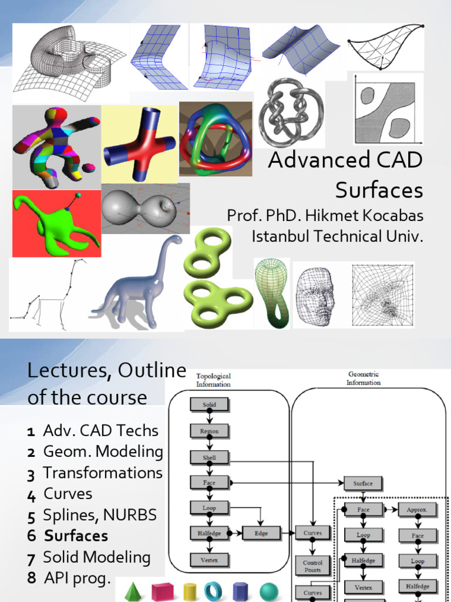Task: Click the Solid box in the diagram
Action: pos(209,405)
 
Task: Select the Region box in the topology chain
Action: pos(209,431)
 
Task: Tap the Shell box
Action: pos(209,457)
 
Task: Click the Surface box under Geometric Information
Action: pos(362,484)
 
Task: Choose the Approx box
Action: pos(417,510)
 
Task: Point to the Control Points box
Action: pos(312,566)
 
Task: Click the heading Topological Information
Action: pos(213,380)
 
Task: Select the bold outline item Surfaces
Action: pos(76,536)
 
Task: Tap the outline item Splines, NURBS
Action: pos(100,515)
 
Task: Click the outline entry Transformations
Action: pos(103,473)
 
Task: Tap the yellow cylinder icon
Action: pos(189,591)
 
